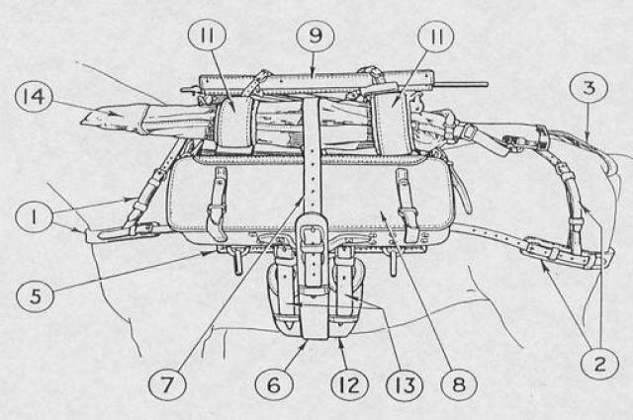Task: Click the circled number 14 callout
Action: [34, 97]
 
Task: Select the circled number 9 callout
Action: [316, 37]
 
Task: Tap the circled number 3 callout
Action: [589, 88]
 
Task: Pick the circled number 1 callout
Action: [34, 218]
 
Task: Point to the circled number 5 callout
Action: [36, 296]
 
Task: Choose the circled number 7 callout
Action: [167, 383]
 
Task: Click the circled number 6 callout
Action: [274, 383]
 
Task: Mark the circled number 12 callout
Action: [349, 383]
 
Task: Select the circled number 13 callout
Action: [405, 383]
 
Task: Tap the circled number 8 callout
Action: [459, 383]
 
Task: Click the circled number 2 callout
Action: [599, 364]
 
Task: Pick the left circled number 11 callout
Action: [207, 37]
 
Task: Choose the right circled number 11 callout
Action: [436, 37]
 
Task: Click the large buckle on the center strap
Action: [312, 239]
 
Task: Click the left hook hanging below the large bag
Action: [237, 262]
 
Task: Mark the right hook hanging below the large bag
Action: [391, 262]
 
